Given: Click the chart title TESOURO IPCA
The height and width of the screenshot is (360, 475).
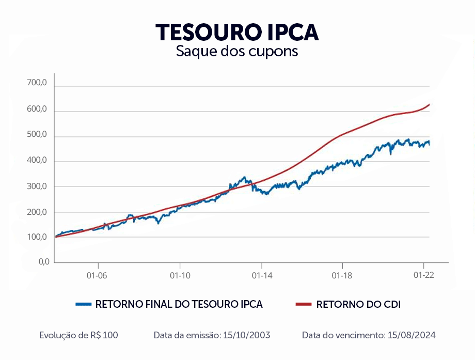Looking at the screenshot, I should coord(237,32).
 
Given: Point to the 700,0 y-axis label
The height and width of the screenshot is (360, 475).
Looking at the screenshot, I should coord(37,83).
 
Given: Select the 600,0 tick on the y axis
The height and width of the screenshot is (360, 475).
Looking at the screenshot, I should coord(37,110).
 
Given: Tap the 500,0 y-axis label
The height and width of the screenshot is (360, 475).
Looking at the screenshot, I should coord(37,135).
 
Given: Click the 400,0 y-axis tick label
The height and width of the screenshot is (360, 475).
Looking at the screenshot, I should coord(37,161).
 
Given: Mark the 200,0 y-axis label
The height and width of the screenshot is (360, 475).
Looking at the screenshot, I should coord(37,212).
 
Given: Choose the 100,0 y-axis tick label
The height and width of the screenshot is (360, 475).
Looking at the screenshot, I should coord(37,237).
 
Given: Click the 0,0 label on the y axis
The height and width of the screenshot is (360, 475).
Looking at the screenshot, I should coord(44,261).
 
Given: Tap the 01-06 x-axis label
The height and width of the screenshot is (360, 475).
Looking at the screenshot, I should coord(97,276).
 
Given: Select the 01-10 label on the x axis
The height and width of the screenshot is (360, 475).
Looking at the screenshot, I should coord(179,276).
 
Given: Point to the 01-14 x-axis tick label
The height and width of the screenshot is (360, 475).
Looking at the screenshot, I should coord(261,276).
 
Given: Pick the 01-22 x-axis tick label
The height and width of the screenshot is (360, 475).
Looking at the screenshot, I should coord(423,276).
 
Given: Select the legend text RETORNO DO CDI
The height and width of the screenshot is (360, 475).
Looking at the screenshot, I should coord(358,304).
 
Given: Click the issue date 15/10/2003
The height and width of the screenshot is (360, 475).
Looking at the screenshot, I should coord(246,335).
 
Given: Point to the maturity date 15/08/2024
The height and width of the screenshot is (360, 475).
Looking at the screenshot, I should coord(410,335).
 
